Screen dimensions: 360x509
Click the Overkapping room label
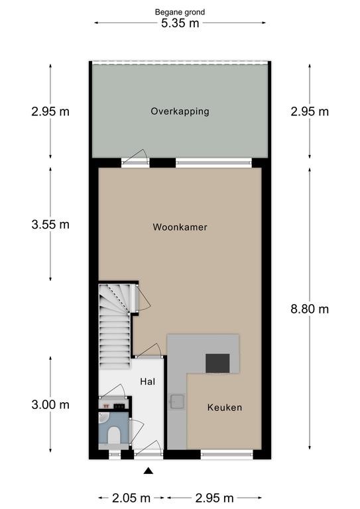(180, 111)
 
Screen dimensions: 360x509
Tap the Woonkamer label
(180, 227)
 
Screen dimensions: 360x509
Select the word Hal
(147, 382)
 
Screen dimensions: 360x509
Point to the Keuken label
(225, 408)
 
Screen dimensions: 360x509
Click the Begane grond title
(180, 13)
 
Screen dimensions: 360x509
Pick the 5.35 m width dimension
(180, 23)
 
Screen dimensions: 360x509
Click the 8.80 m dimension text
(310, 309)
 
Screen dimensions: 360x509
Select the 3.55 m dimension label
(50, 224)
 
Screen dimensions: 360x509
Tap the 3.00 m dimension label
(50, 405)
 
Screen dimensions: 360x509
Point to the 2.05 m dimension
(131, 498)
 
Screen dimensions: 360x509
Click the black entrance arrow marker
(149, 471)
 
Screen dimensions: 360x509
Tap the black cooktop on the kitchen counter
(218, 363)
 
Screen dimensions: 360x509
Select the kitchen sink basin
(177, 402)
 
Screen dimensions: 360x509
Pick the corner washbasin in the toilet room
(103, 418)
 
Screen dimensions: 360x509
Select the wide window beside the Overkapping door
(213, 162)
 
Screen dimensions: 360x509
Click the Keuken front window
(227, 454)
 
